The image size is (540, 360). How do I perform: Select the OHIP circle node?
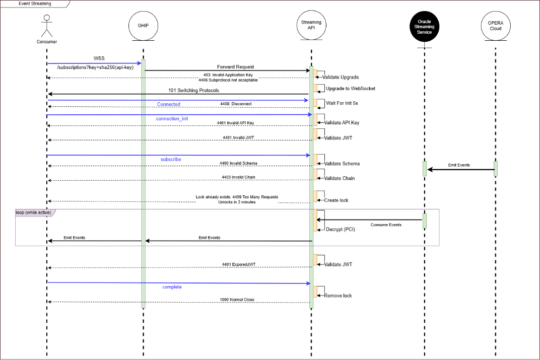tap(144, 26)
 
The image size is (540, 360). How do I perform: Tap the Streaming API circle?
tap(311, 26)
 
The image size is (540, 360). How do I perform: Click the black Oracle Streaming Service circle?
tap(424, 26)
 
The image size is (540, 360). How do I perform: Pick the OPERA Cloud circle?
tap(495, 26)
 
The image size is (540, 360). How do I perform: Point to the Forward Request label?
tap(235, 66)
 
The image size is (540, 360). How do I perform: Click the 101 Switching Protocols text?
tap(193, 91)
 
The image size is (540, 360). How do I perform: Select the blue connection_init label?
tap(172, 119)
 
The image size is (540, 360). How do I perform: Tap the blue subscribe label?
tap(171, 159)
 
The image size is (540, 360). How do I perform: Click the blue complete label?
tap(172, 287)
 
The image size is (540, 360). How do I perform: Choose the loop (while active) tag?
tap(33, 212)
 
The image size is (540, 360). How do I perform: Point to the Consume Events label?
tap(386, 225)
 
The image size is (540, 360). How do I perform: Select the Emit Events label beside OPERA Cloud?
tap(459, 165)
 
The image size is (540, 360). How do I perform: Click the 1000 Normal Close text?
tap(237, 300)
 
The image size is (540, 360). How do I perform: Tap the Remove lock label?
tap(338, 296)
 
